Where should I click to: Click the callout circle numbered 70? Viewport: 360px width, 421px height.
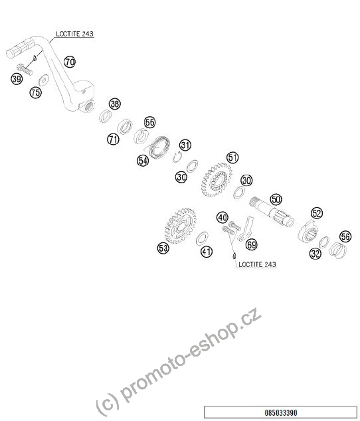tap(70, 62)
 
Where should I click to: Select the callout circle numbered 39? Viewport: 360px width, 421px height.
tap(17, 79)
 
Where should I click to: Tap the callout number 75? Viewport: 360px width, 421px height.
tap(35, 92)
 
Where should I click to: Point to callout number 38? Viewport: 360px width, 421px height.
tap(115, 104)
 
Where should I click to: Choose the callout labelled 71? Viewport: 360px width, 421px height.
tap(113, 139)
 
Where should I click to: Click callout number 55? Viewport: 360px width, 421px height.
tap(149, 122)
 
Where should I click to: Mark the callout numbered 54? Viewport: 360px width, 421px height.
tap(143, 161)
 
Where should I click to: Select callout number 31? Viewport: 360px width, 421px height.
tap(185, 145)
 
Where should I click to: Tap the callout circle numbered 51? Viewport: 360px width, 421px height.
tap(232, 157)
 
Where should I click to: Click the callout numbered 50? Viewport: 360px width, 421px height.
tap(276, 199)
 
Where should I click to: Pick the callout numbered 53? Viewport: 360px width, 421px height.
tap(163, 248)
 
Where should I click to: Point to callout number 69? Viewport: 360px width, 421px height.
tap(252, 244)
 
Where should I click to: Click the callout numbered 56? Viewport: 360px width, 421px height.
tap(345, 236)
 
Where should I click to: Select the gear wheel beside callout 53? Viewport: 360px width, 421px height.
tap(181, 226)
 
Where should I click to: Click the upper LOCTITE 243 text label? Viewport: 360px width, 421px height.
tap(74, 34)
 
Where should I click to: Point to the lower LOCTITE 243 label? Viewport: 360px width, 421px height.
tap(257, 264)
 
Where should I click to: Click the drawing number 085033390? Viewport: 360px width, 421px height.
tap(281, 412)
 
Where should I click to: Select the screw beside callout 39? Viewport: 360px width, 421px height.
tap(25, 69)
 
